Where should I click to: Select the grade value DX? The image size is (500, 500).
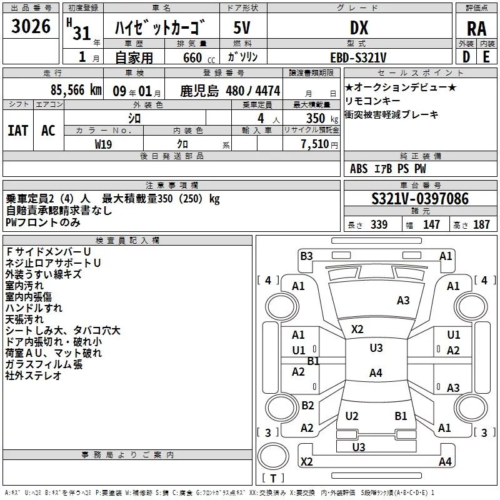click(359, 28)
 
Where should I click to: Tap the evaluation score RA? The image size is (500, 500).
click(476, 28)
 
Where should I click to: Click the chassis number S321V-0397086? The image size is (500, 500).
click(419, 199)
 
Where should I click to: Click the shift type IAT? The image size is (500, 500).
click(18, 130)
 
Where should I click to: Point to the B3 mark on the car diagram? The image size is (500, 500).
click(306, 256)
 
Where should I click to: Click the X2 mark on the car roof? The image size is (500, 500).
click(357, 329)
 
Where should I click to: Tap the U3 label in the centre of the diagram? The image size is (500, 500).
click(376, 348)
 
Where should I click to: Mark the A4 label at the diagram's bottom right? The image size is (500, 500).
click(445, 462)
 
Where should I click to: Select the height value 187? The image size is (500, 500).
click(481, 225)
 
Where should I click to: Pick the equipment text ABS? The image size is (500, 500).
click(359, 169)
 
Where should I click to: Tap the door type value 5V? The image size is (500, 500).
click(243, 28)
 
